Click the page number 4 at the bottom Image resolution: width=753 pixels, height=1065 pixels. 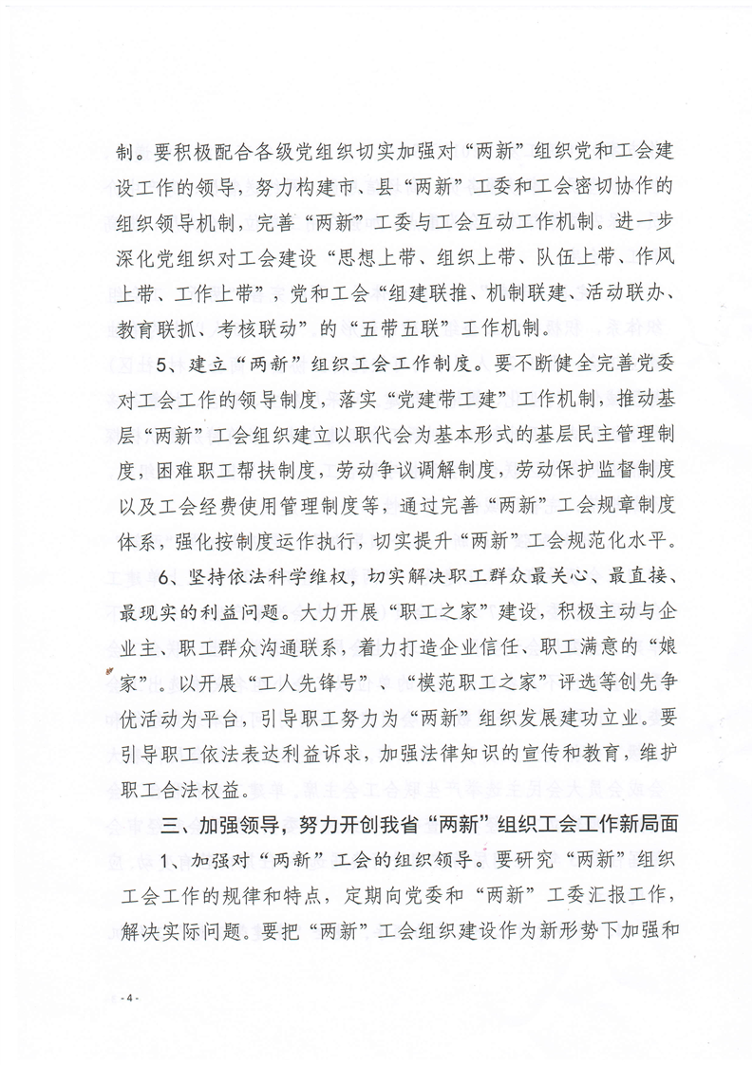coord(133,1000)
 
